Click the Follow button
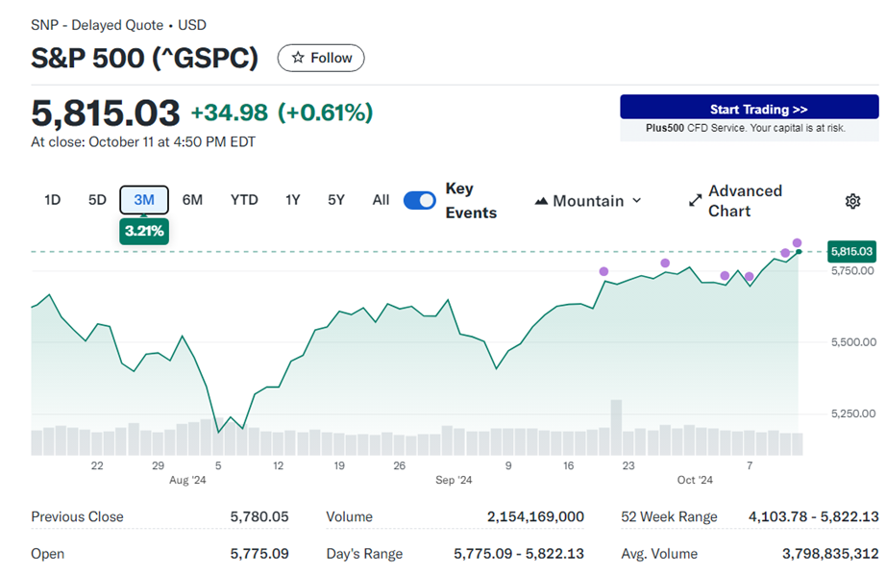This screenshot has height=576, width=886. click(321, 58)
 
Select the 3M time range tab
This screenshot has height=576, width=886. click(144, 200)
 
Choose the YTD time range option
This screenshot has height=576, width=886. click(244, 200)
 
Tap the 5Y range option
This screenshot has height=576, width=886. click(335, 200)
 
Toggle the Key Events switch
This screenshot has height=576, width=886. click(419, 200)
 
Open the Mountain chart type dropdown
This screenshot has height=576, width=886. click(587, 201)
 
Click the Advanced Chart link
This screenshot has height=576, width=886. click(735, 201)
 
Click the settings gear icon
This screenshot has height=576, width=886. click(852, 201)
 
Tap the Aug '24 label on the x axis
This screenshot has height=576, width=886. click(187, 480)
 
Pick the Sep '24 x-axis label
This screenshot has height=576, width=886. click(454, 480)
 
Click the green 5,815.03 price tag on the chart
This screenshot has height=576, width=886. click(851, 252)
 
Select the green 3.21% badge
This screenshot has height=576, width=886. click(144, 232)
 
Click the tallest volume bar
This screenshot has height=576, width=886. click(616, 427)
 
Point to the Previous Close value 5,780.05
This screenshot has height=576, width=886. click(259, 517)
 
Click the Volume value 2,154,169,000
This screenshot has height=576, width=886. click(535, 517)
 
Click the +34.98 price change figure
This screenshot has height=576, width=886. click(229, 113)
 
